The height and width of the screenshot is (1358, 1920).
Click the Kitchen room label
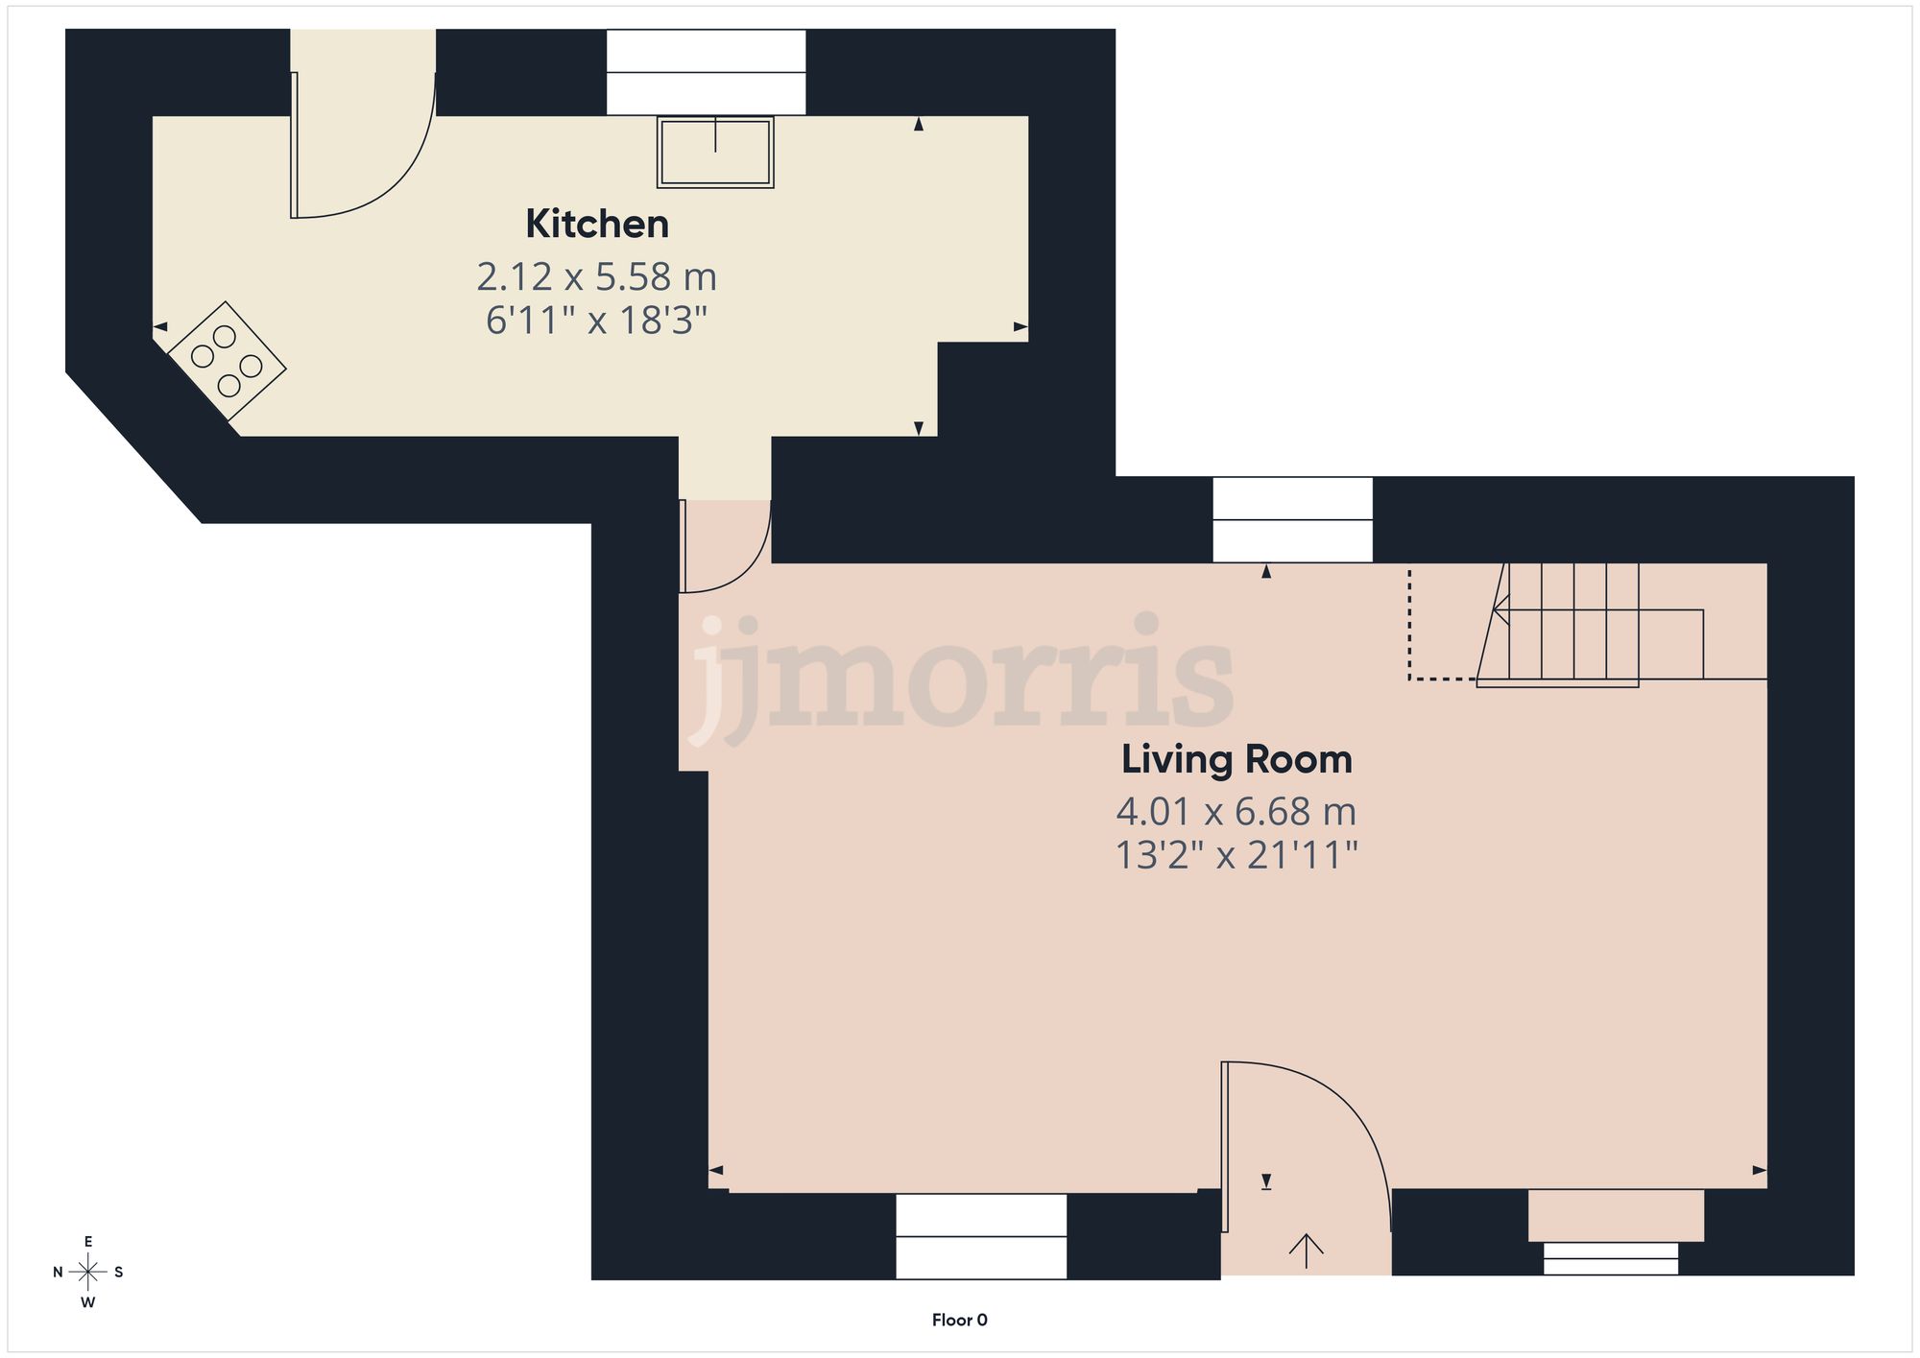point(597,224)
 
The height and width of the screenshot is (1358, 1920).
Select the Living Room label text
point(1236,759)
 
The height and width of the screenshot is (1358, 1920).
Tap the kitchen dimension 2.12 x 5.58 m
point(596,277)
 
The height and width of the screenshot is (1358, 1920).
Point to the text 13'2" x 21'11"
point(1236,855)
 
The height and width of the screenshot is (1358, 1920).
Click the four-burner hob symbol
point(227,361)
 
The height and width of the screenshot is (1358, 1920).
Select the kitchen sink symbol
point(715,152)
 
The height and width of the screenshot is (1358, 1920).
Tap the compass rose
point(88,1273)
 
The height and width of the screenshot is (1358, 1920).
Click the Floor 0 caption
point(959,1320)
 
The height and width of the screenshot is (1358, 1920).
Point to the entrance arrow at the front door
point(1306,1251)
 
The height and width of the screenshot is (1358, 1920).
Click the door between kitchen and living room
point(725,547)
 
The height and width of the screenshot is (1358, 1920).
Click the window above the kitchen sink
point(706,72)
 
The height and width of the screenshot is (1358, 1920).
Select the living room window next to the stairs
point(1292,519)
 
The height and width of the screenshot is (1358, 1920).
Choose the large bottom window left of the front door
point(981,1236)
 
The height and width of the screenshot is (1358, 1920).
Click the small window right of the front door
point(1610,1257)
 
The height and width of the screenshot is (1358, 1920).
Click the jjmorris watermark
point(965,677)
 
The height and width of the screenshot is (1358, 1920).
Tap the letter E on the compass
point(88,1242)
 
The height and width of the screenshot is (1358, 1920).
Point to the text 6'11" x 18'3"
point(596,321)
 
